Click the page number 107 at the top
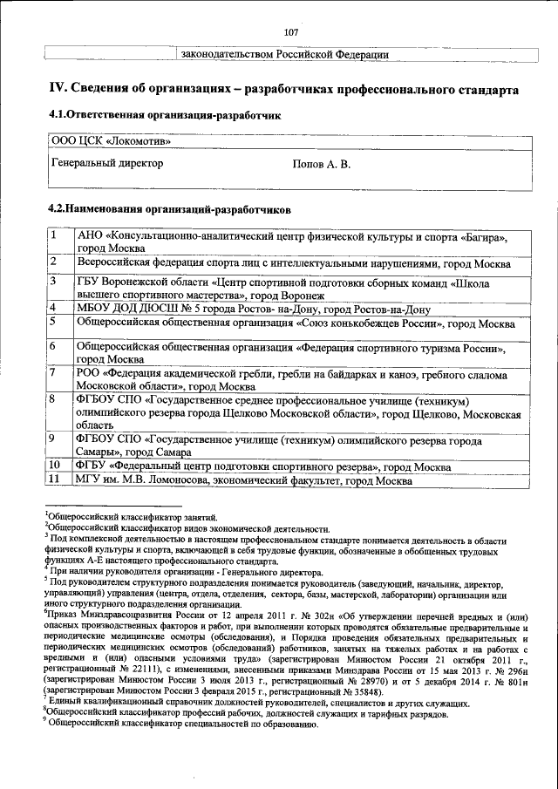(291, 32)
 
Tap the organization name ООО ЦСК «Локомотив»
(105, 141)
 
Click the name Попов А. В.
(322, 164)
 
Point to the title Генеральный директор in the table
(107, 163)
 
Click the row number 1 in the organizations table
(53, 235)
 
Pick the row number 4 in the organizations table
(53, 308)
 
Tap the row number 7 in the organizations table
(53, 373)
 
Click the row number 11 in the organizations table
(55, 480)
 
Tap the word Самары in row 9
(96, 453)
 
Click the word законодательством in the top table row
(227, 55)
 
